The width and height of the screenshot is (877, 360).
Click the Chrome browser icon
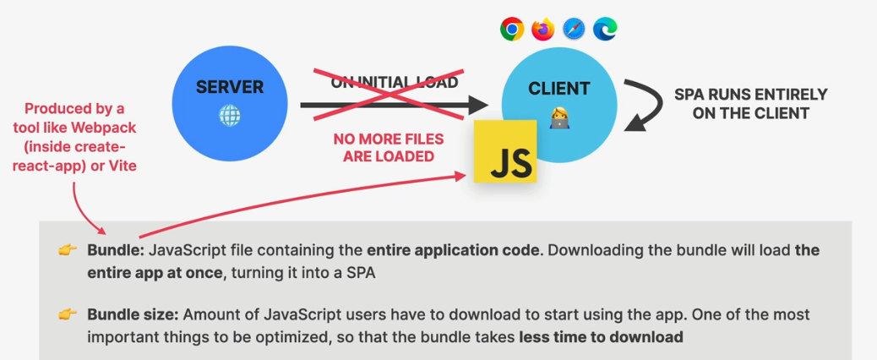[x=511, y=30]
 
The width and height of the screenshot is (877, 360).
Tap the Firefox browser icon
[x=542, y=30]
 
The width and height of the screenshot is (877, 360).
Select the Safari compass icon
[x=574, y=30]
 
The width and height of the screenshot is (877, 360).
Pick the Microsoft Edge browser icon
[x=605, y=30]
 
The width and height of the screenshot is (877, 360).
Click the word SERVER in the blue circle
[x=230, y=87]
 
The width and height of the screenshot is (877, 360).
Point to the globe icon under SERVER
[x=229, y=115]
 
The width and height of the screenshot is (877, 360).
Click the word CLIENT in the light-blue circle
[x=558, y=88]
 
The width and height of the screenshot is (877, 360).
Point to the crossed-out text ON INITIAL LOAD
[x=395, y=83]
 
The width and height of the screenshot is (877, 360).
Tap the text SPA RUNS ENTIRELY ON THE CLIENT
[x=750, y=104]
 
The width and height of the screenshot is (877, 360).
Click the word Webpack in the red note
[x=107, y=127]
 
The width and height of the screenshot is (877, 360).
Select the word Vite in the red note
[x=120, y=166]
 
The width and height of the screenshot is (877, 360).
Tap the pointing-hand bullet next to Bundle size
[x=67, y=314]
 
